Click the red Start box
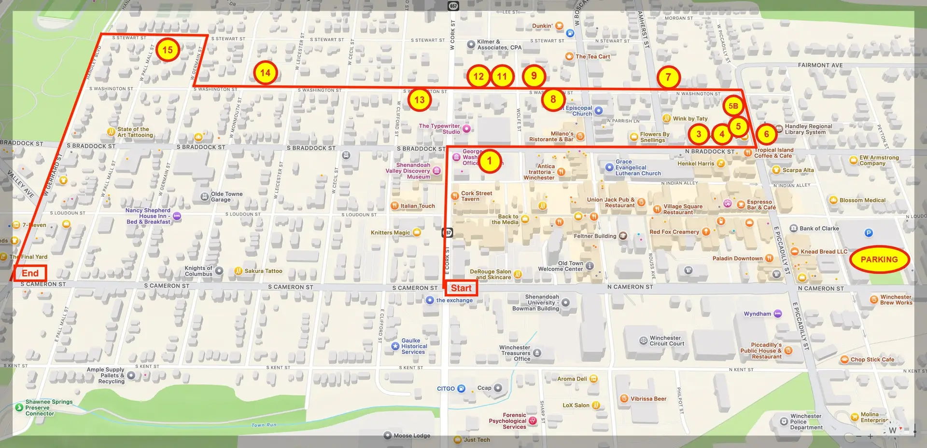[461, 288]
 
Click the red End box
[30, 273]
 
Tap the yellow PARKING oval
[879, 259]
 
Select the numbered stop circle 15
[168, 50]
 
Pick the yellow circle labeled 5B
[733, 106]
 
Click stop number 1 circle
[489, 161]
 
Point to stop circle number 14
[265, 73]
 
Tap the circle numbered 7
[668, 77]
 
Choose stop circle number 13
[420, 100]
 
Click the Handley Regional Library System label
[808, 129]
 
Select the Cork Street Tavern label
[476, 196]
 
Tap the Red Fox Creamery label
[674, 232]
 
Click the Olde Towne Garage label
[226, 197]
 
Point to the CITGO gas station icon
[461, 389]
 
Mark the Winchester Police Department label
[806, 421]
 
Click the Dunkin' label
[542, 26]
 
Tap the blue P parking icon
[869, 233]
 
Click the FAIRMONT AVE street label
[820, 65]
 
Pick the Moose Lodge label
[411, 435]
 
